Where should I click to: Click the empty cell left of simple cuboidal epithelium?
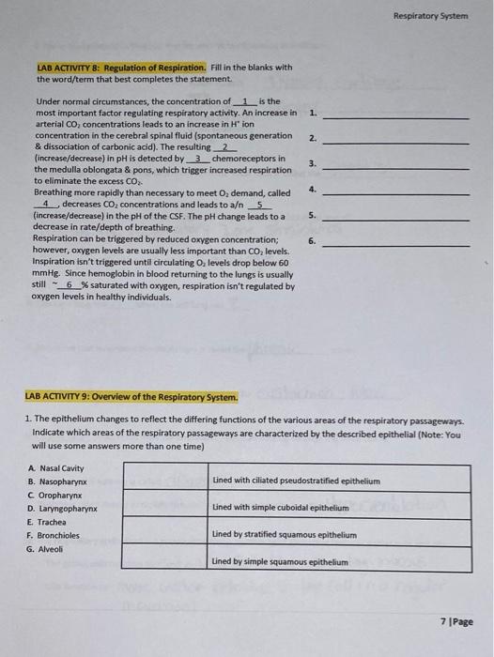point(165,508)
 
